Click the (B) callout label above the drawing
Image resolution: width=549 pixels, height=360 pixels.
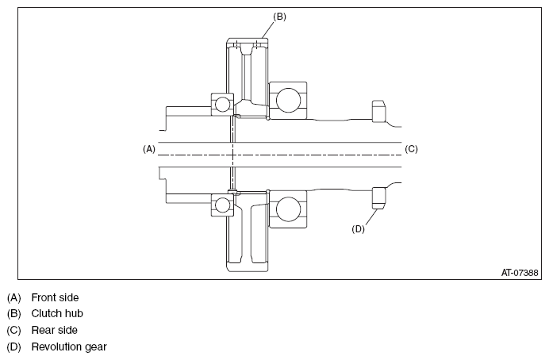click(x=279, y=17)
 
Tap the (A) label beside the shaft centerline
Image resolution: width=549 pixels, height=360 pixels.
click(x=149, y=149)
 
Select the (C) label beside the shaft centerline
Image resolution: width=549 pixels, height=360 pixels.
click(x=411, y=149)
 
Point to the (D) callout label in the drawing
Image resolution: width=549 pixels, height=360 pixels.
click(x=358, y=229)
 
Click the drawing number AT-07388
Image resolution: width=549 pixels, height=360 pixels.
click(x=519, y=273)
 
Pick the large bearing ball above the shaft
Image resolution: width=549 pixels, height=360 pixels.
click(x=288, y=100)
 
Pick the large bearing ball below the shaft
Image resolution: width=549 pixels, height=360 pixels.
click(x=288, y=209)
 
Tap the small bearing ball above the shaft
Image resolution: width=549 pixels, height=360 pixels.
click(x=222, y=104)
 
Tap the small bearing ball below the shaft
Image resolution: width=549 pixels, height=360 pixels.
click(x=222, y=205)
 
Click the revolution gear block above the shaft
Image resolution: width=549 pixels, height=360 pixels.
click(x=378, y=111)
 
